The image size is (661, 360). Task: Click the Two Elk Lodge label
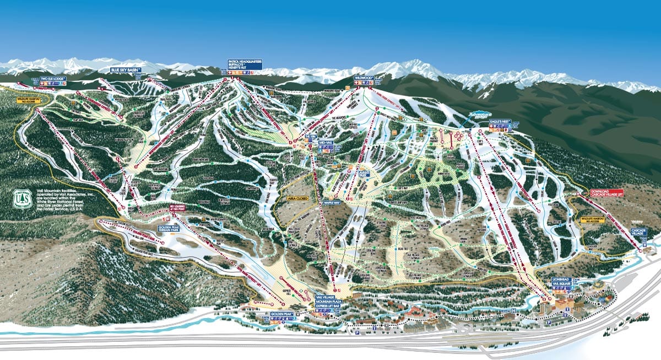[53, 79]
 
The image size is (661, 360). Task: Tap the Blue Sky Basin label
[126, 70]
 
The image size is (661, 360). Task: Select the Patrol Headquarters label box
[245, 63]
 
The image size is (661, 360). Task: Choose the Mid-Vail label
[327, 142]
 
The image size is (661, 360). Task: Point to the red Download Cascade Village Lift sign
[607, 193]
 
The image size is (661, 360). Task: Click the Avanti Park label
[348, 173]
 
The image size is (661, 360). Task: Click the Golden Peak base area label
[281, 314]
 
